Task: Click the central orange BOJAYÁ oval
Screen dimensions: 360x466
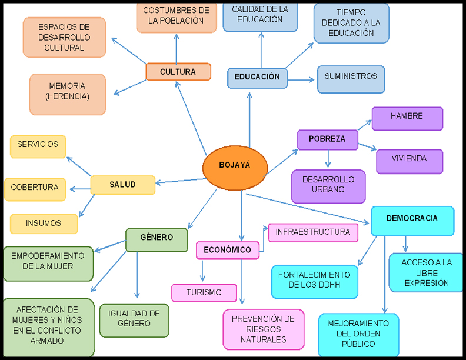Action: click(x=234, y=166)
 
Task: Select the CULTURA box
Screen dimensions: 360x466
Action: click(x=178, y=72)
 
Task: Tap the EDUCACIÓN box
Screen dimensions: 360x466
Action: click(x=257, y=78)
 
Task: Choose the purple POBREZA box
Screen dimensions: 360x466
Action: click(x=327, y=139)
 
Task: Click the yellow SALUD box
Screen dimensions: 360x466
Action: click(x=122, y=185)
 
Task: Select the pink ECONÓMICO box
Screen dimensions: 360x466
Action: click(x=227, y=250)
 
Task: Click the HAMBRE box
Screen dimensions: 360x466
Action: click(x=407, y=118)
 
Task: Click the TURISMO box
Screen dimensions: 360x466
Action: click(x=204, y=292)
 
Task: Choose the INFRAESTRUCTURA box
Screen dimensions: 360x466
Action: click(x=313, y=232)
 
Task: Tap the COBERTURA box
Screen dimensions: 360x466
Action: click(x=34, y=189)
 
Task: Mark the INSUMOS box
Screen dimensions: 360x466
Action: click(x=44, y=224)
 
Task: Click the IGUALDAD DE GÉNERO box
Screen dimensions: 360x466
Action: click(x=134, y=319)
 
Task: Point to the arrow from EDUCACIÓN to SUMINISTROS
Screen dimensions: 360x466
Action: click(x=302, y=79)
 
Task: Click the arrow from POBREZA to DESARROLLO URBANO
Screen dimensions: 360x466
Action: click(x=328, y=159)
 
